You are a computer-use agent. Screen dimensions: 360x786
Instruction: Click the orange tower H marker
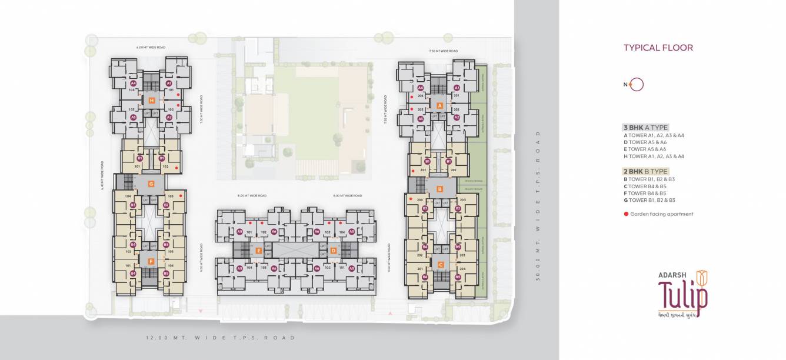point(151,101)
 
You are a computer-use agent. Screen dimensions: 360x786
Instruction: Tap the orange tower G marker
point(151,184)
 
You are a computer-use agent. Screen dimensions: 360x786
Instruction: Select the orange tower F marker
point(151,261)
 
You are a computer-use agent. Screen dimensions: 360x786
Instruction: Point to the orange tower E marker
point(258,251)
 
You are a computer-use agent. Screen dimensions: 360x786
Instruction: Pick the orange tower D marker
point(333,251)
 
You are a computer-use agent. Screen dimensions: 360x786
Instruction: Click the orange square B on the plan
point(439,189)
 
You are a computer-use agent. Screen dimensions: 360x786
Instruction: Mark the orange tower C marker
point(439,265)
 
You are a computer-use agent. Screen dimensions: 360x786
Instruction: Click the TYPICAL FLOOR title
point(658,48)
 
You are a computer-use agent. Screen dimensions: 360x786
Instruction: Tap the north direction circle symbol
point(637,85)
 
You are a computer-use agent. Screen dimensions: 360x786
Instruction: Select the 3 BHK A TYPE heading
point(645,127)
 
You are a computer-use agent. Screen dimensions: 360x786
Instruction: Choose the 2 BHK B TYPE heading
point(645,171)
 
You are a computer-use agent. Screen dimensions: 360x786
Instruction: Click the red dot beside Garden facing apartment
point(626,214)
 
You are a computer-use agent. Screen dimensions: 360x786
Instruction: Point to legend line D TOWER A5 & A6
point(645,142)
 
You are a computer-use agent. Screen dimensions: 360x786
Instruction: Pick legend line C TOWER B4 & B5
point(645,186)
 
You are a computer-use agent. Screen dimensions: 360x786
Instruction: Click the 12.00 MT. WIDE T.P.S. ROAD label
point(221,338)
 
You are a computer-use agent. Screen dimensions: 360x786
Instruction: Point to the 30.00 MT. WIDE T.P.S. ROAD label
point(538,204)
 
